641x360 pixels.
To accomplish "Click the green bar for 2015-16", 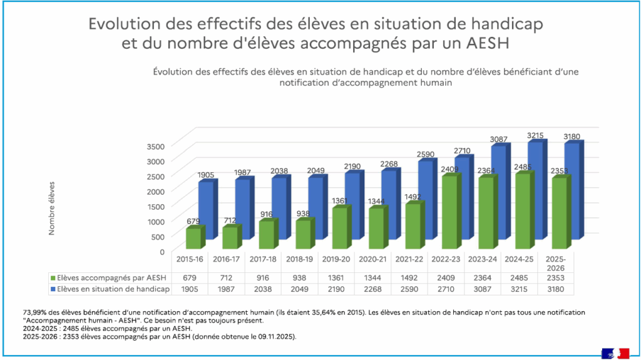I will [x=193, y=238].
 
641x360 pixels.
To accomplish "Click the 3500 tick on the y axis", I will [x=155, y=146].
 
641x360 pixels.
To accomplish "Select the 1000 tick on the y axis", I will [x=155, y=221].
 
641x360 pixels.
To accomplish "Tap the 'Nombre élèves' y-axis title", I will [x=52, y=208].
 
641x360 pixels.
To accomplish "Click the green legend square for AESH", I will [x=53, y=277].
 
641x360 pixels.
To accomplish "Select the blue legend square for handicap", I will [x=53, y=289].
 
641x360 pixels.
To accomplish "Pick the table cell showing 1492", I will [x=410, y=277].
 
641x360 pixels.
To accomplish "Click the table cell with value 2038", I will [x=264, y=289].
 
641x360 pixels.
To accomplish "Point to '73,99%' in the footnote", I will [x=36, y=311].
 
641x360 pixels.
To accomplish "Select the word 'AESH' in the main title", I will [x=486, y=45].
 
